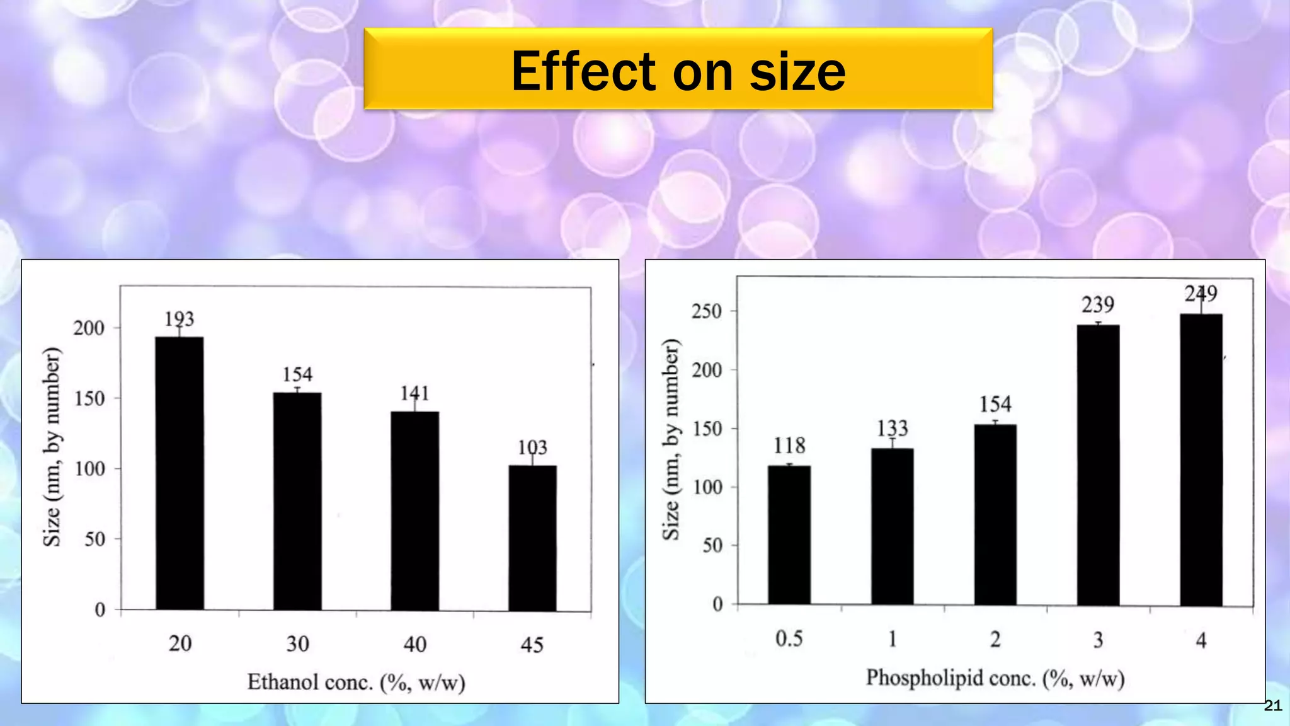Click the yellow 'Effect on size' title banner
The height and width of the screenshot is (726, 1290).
pyautogui.click(x=678, y=69)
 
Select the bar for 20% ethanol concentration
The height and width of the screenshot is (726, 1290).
pyautogui.click(x=180, y=473)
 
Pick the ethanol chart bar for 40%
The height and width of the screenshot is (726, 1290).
pyautogui.click(x=414, y=510)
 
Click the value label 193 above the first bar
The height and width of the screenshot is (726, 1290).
pyautogui.click(x=180, y=319)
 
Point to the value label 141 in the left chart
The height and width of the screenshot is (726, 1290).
pyautogui.click(x=414, y=393)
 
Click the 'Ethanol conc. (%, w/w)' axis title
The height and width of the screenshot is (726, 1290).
pyautogui.click(x=356, y=682)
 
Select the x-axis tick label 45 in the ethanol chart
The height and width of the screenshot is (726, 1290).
pyautogui.click(x=532, y=644)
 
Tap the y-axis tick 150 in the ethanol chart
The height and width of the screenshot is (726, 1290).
pyautogui.click(x=89, y=398)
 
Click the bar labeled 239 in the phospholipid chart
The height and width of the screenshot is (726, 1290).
pyautogui.click(x=1098, y=465)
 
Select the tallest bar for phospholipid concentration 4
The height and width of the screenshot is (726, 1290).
pyautogui.click(x=1201, y=460)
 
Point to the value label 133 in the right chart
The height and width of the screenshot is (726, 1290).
pyautogui.click(x=892, y=429)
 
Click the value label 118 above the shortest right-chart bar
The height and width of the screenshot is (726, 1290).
pyautogui.click(x=789, y=446)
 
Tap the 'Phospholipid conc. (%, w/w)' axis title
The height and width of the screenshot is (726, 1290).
pyautogui.click(x=995, y=678)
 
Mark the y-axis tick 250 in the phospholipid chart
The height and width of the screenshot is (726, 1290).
pyautogui.click(x=707, y=311)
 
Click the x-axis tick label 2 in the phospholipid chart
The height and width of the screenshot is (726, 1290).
pyautogui.click(x=995, y=640)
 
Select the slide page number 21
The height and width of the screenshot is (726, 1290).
pyautogui.click(x=1273, y=706)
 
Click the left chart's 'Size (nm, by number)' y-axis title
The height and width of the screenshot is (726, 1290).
pyautogui.click(x=52, y=446)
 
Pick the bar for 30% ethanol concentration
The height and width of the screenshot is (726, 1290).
pyautogui.click(x=297, y=501)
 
